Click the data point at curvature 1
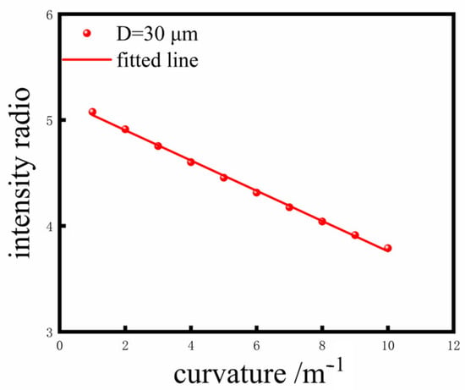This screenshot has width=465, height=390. [92, 112]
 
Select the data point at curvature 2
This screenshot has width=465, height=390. [125, 129]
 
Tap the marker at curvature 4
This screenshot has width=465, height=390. [191, 162]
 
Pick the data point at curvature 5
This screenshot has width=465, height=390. [223, 178]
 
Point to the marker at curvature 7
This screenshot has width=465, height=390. [289, 207]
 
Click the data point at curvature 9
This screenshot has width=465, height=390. [355, 235]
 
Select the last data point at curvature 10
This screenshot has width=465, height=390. [387, 248]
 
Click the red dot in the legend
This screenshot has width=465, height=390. [87, 33]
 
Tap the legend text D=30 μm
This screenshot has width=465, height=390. [157, 35]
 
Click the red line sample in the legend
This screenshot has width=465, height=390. [86, 60]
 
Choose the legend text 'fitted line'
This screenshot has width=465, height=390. [157, 60]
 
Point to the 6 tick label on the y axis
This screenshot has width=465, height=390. [50, 15]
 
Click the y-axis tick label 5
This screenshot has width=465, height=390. [50, 121]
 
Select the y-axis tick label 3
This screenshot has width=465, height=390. [50, 332]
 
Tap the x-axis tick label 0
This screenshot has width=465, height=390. [60, 346]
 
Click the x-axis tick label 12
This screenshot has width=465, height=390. [454, 346]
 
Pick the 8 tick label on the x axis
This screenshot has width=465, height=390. [322, 346]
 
